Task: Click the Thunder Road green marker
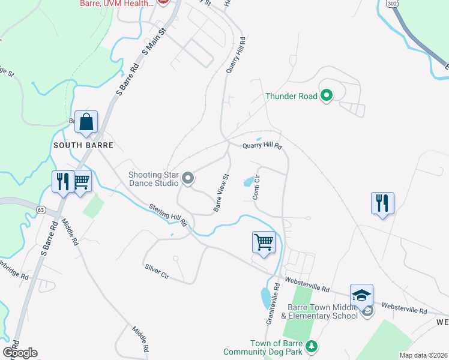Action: coord(327,95)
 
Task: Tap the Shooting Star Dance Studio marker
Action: coord(188,178)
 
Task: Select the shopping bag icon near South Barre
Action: coord(86,122)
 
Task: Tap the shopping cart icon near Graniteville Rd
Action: coord(264,243)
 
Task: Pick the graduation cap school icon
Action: coord(361,296)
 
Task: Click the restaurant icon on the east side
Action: coord(382,203)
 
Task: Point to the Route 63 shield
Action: coord(41,210)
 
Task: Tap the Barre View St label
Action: coord(221,193)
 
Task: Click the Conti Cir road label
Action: coord(256,187)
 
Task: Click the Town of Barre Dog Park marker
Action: coord(311,346)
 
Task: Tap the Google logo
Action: coord(20,353)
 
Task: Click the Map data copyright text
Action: coord(423,355)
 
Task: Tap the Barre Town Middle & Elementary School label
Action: coord(319,311)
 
